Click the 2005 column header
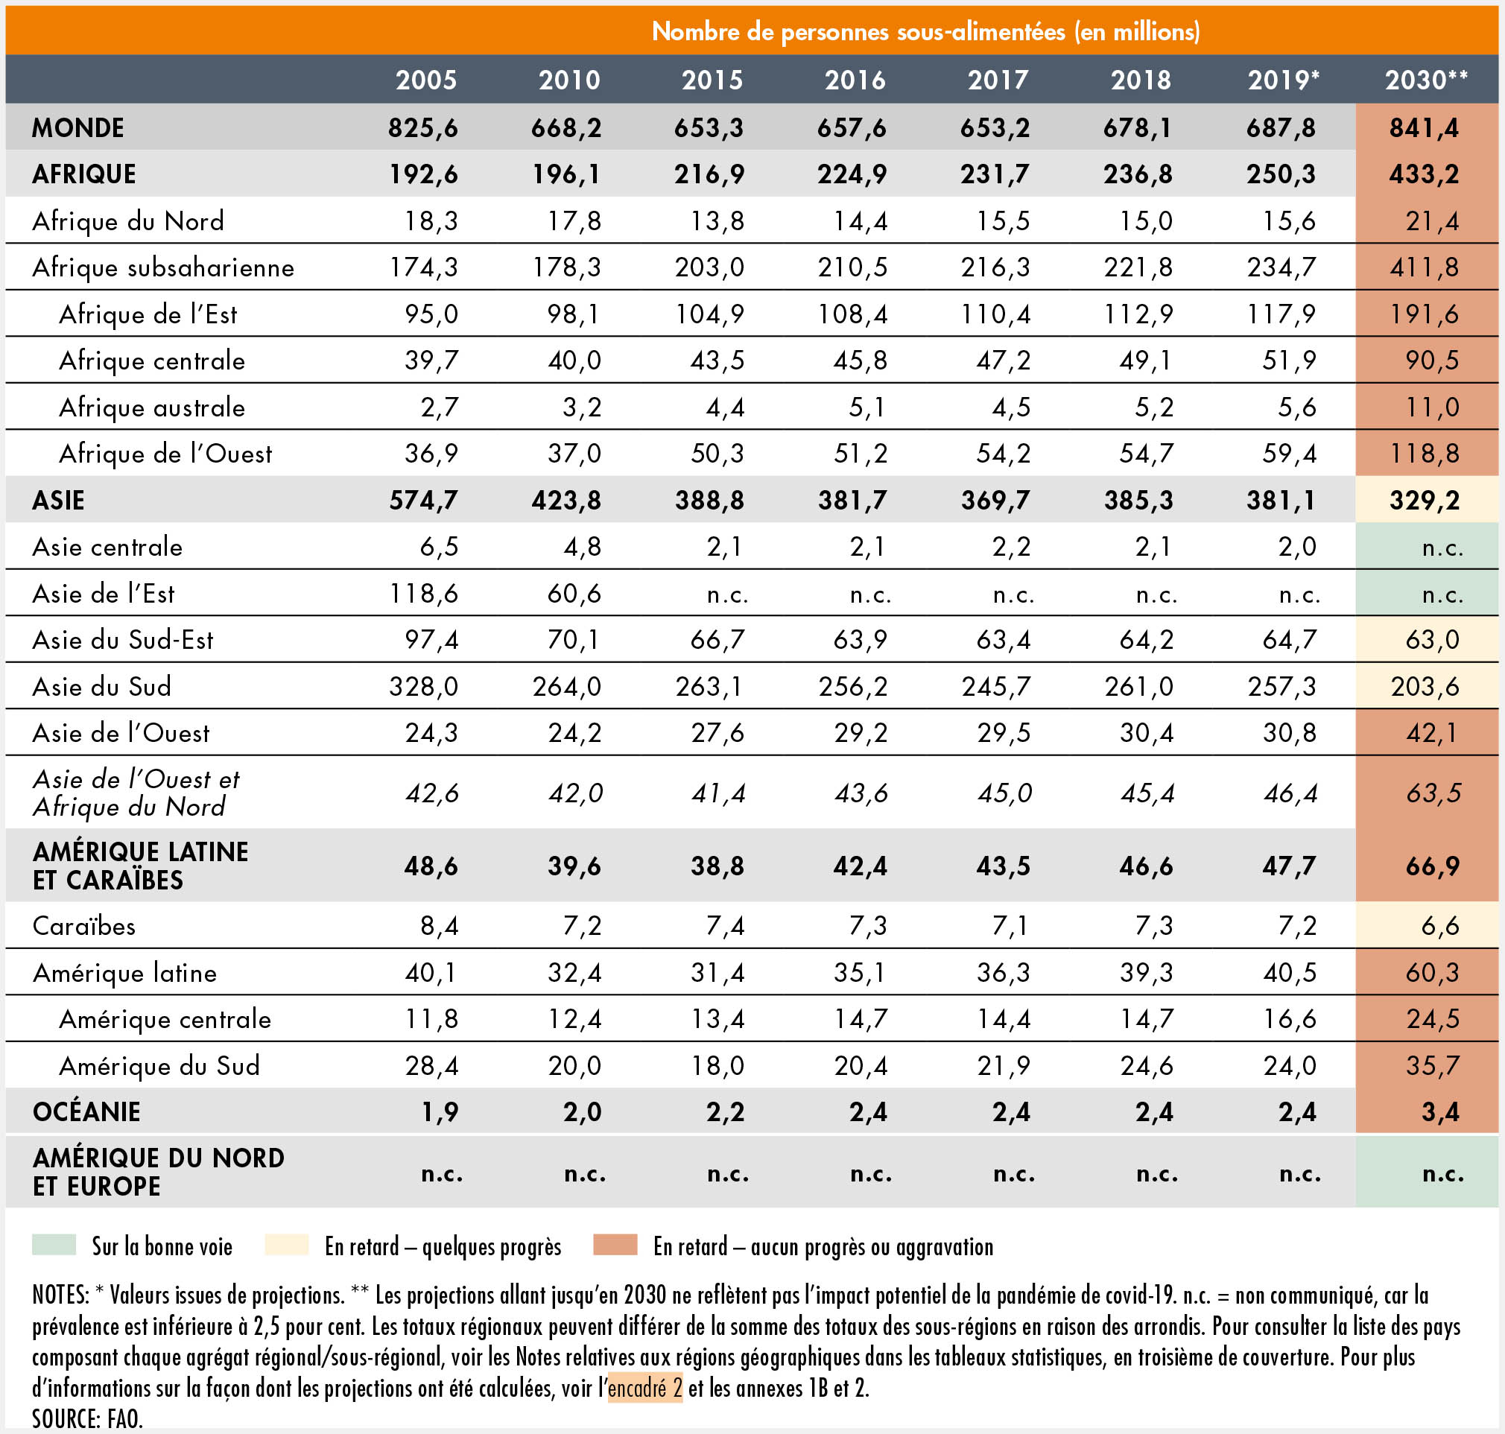click(x=425, y=80)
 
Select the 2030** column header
click(x=1425, y=80)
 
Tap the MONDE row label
click(x=78, y=127)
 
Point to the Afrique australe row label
click(x=152, y=407)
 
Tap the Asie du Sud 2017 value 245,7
click(x=995, y=686)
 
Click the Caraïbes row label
click(x=84, y=927)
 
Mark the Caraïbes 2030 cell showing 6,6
click(x=1439, y=927)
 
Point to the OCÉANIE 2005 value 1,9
click(x=440, y=1112)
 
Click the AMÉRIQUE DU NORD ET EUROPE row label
click(x=157, y=1172)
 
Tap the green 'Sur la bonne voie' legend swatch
click(x=54, y=1246)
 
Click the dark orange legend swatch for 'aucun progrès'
click(x=615, y=1246)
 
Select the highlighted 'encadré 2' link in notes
click(x=645, y=1387)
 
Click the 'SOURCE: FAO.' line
click(x=87, y=1418)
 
